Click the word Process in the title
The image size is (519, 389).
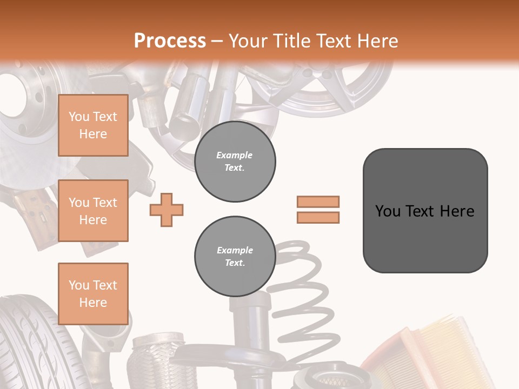pyautogui.click(x=170, y=41)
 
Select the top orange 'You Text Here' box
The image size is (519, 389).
pyautogui.click(x=93, y=125)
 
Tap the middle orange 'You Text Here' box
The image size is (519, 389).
pyautogui.click(x=93, y=211)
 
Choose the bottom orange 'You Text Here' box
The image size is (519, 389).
pyautogui.click(x=93, y=293)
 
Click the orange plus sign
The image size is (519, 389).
pyautogui.click(x=167, y=209)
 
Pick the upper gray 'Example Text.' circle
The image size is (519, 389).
pyautogui.click(x=235, y=162)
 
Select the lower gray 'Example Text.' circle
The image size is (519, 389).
pyautogui.click(x=235, y=257)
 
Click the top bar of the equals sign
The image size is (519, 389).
pyautogui.click(x=318, y=202)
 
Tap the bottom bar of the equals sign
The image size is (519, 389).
pyautogui.click(x=318, y=217)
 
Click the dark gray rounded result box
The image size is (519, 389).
pyautogui.click(x=425, y=211)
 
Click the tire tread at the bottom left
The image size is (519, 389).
pyautogui.click(x=27, y=346)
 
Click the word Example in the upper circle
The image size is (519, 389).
pyautogui.click(x=235, y=155)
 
